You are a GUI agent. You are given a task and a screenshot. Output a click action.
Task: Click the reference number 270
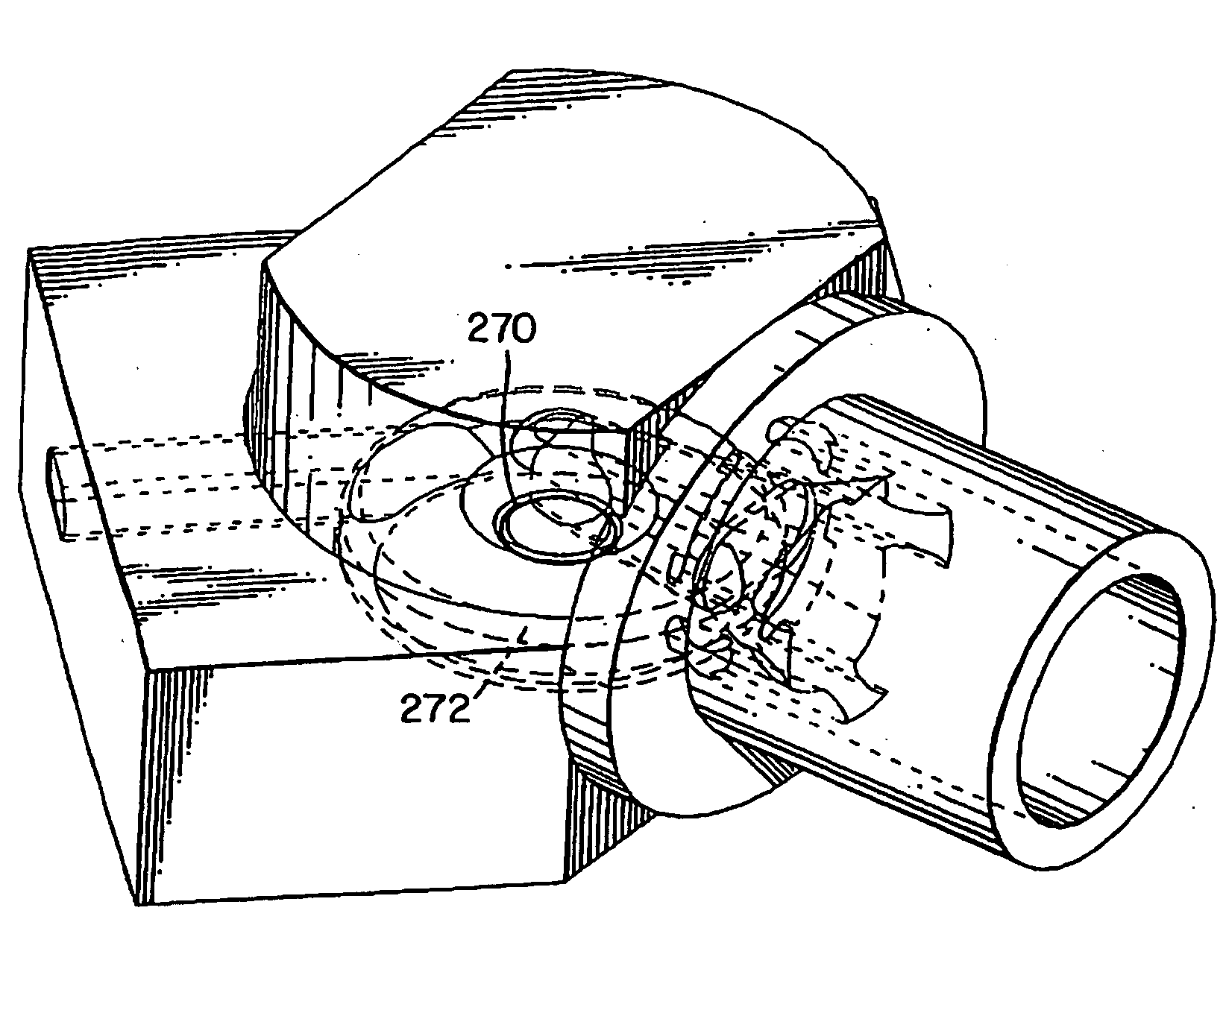500,329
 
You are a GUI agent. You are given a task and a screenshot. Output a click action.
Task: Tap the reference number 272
436,708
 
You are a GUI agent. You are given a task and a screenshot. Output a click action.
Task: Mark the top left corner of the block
30,250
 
